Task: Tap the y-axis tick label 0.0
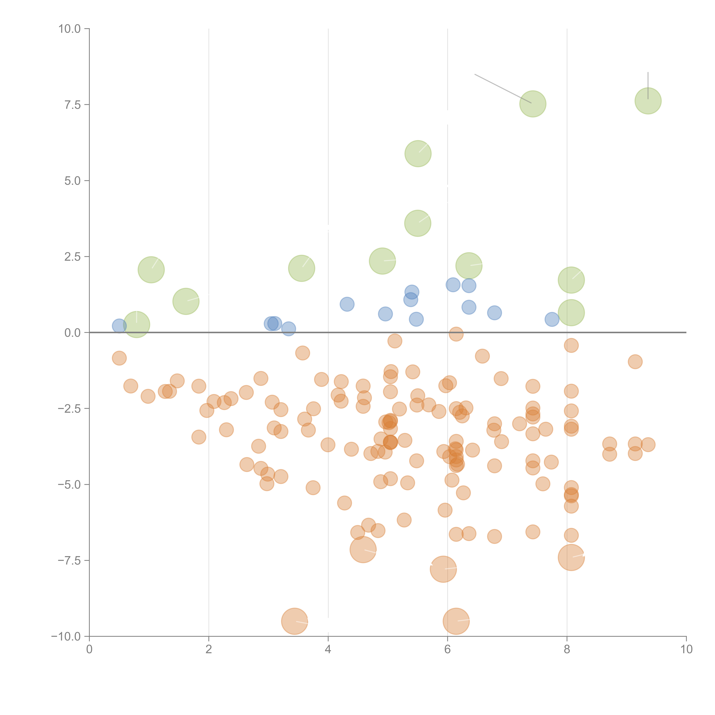(x=73, y=333)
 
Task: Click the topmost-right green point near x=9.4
(x=648, y=101)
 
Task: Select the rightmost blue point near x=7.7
(x=552, y=319)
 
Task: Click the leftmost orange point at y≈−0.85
(x=119, y=358)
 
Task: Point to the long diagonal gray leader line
(x=503, y=89)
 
